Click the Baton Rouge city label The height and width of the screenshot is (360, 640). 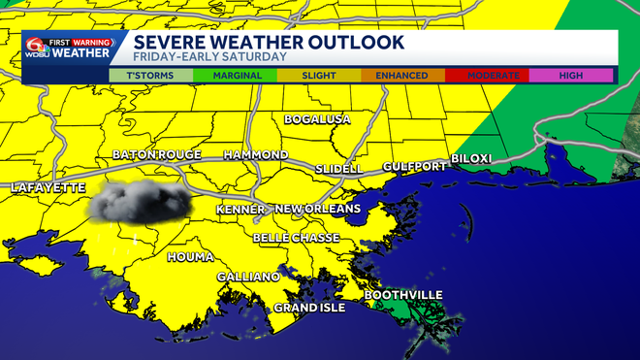(x=157, y=154)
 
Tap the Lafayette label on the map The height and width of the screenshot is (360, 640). (x=48, y=187)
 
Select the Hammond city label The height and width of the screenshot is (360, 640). (x=256, y=155)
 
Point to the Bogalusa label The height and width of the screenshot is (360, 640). (x=316, y=119)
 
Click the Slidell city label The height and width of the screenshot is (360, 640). (x=339, y=169)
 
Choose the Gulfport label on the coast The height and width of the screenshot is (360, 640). (x=414, y=167)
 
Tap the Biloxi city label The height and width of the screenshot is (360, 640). (x=472, y=158)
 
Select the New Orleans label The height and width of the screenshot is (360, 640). (x=318, y=209)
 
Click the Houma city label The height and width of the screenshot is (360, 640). (x=189, y=257)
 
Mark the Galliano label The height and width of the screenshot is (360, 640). (x=248, y=277)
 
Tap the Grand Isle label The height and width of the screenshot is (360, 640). (x=309, y=308)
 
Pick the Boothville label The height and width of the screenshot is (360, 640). (x=403, y=295)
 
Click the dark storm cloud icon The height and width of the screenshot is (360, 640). (x=142, y=200)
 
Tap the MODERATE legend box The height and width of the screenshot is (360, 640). (x=487, y=75)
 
